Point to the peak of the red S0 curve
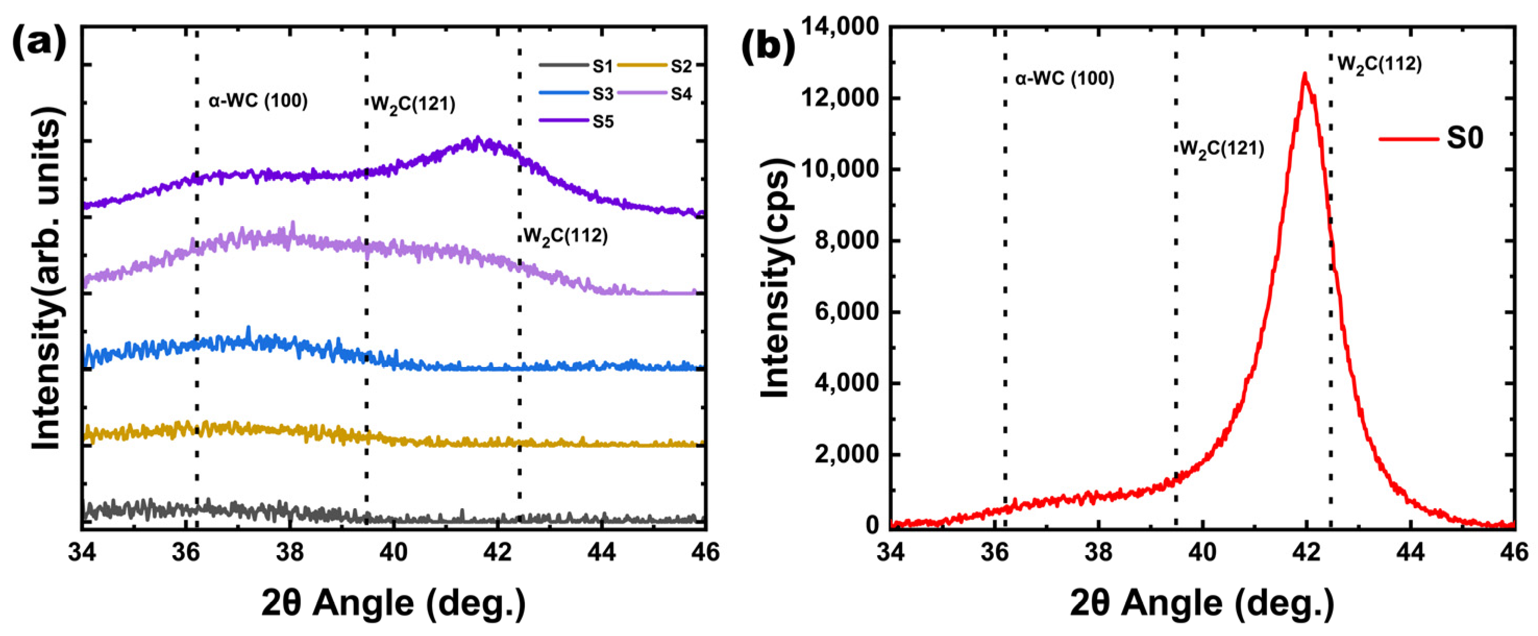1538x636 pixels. tap(1305, 75)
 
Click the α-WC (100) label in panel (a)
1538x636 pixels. tap(258, 101)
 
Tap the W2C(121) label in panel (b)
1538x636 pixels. tap(1222, 149)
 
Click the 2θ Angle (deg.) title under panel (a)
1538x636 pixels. tap(394, 604)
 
